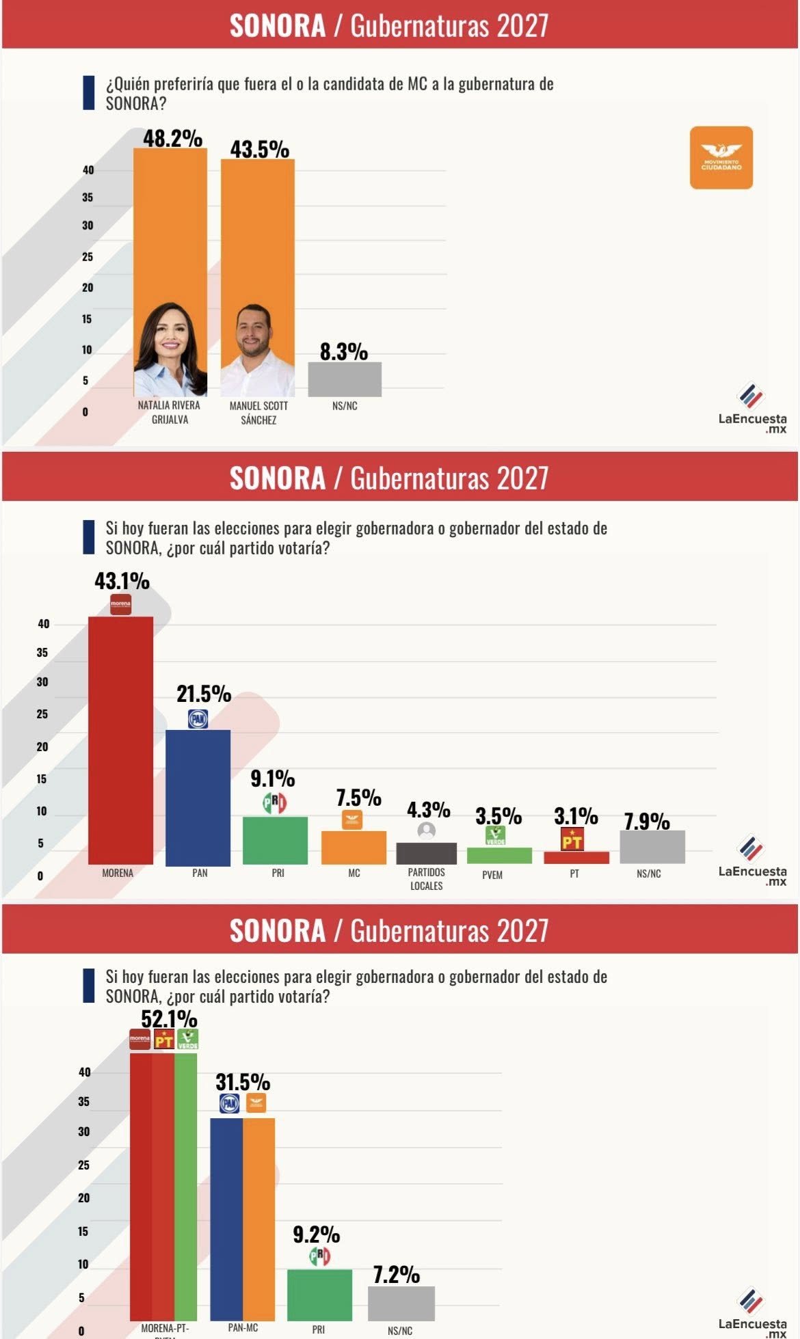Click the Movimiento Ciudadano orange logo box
point(721,157)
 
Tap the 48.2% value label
point(172,138)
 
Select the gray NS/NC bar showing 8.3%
point(345,379)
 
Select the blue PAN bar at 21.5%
point(198,797)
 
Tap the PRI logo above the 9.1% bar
point(275,803)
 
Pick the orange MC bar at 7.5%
point(354,847)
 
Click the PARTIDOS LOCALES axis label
point(427,879)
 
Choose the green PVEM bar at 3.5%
point(499,855)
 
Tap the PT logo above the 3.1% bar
point(572,839)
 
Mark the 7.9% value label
point(647,821)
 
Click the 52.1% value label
point(169,1018)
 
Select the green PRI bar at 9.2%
point(319,1295)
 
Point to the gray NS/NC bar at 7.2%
point(401,1303)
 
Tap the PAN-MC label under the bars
point(243,1327)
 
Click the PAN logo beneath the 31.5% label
point(229,1103)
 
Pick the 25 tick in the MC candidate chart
point(88,256)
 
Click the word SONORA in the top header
point(277,26)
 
